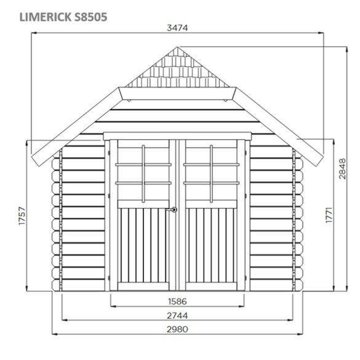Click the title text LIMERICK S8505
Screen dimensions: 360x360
click(63, 17)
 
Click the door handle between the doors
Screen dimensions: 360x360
click(174, 210)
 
